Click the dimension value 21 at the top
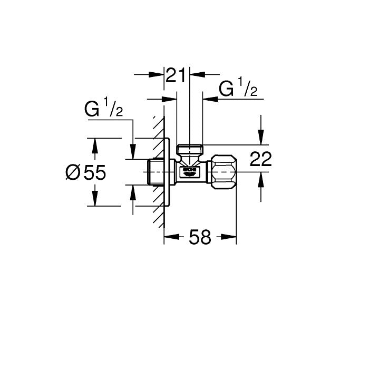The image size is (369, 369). tap(177, 75)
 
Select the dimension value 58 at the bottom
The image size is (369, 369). tap(200, 237)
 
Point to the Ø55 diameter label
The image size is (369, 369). tap(86, 172)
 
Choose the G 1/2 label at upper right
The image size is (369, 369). tap(238, 89)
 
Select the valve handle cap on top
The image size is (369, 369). tap(190, 149)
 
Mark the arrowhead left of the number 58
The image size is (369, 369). tap(170, 237)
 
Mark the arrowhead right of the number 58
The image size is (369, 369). tap(231, 237)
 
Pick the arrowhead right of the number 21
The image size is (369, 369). tap(196, 75)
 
